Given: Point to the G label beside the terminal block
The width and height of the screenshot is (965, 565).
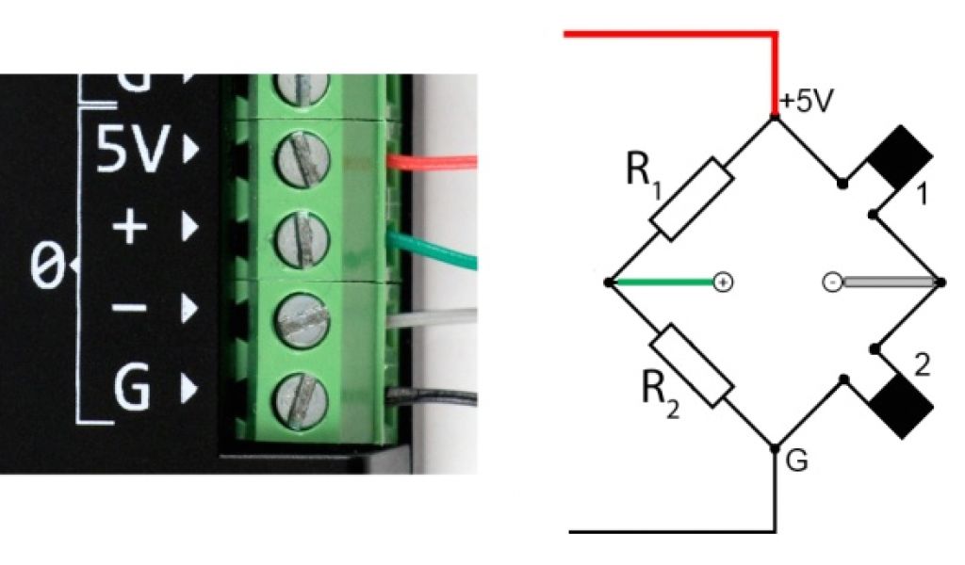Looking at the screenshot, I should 133,387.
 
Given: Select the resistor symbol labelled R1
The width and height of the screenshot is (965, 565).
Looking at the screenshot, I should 691,198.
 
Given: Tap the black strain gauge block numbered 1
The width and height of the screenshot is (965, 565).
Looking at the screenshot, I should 900,159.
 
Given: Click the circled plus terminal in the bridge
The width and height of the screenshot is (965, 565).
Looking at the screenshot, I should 723,282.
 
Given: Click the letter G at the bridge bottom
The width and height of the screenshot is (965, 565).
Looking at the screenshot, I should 797,463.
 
